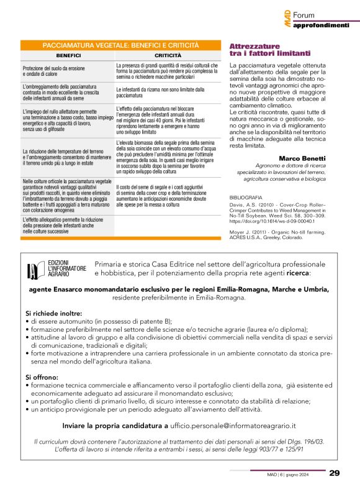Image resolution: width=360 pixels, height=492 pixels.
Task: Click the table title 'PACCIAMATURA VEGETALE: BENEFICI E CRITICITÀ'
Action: [x=120, y=46]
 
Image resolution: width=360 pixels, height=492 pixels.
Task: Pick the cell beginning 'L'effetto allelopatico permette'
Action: [x=66, y=227]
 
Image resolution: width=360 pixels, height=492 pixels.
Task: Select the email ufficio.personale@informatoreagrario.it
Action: [x=233, y=426]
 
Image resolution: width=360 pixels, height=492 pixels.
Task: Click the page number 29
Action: [x=335, y=473]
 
